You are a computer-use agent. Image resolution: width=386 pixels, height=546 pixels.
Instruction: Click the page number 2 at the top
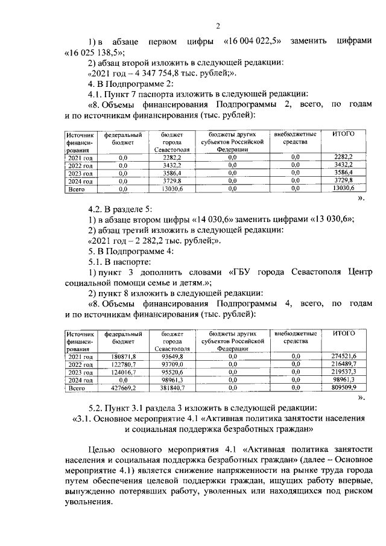[218, 25]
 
